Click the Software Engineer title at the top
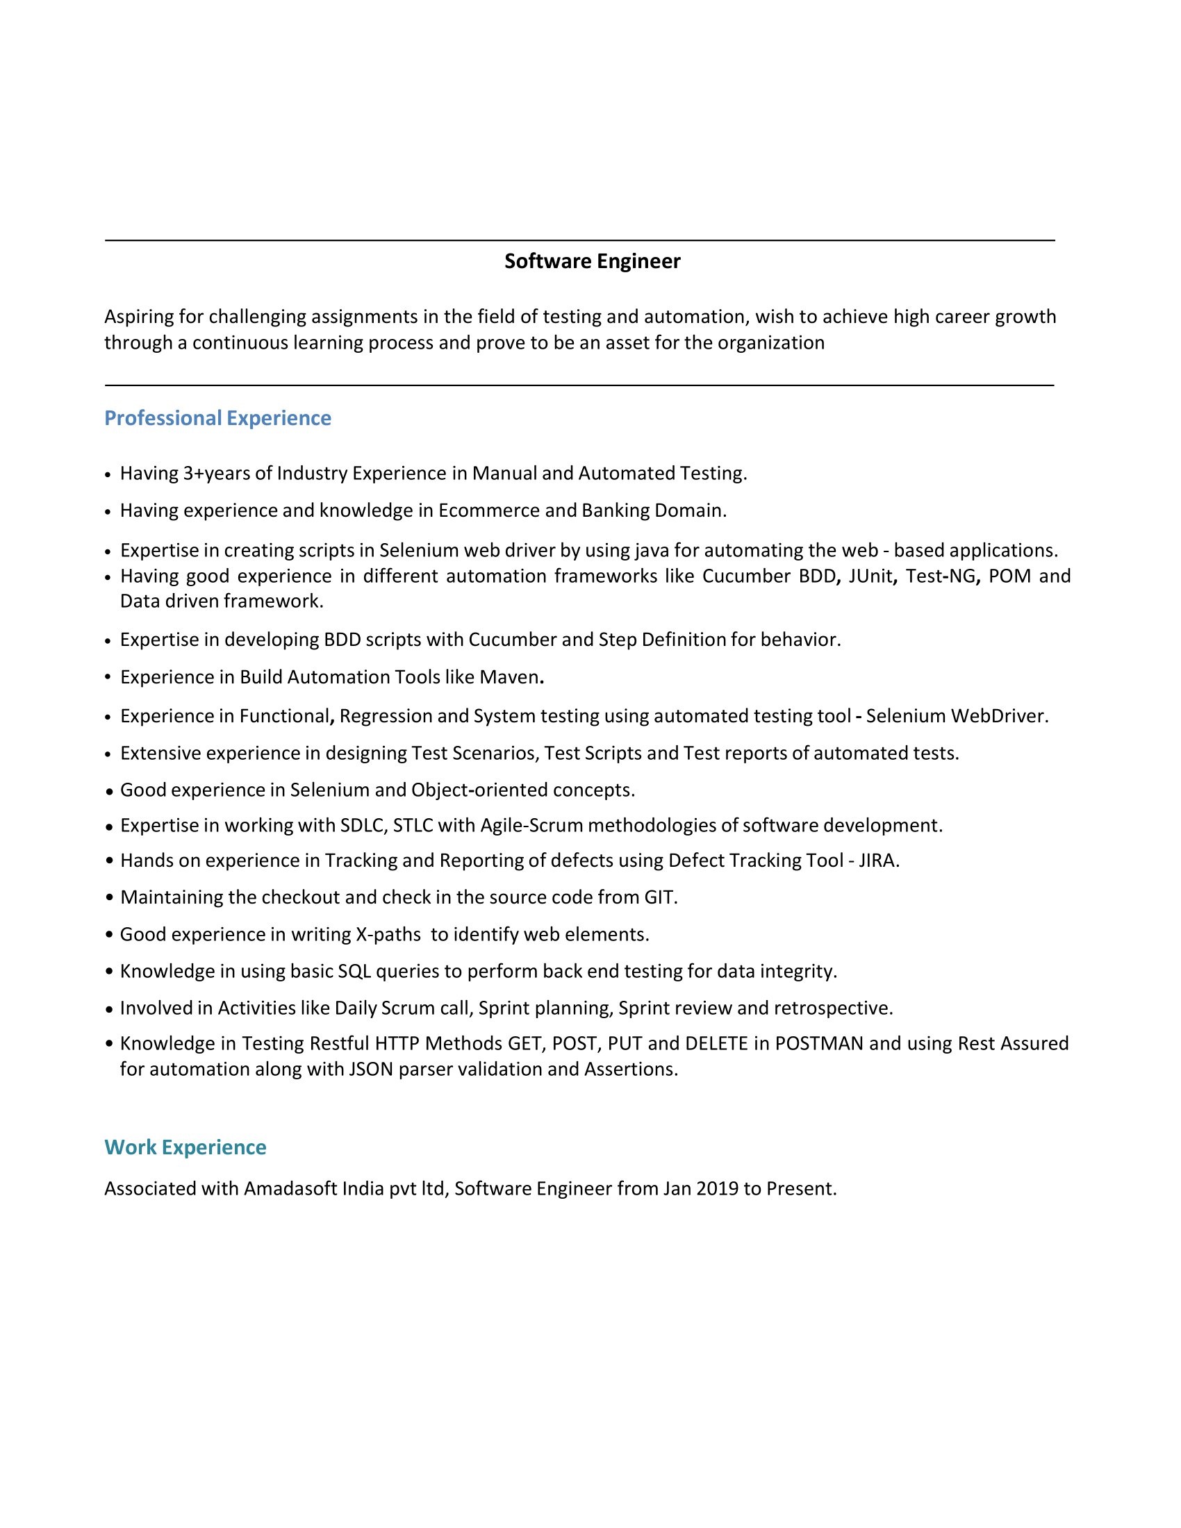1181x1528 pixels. click(x=592, y=261)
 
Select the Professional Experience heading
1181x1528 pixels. click(x=217, y=417)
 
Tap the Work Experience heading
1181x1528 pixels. click(x=185, y=1147)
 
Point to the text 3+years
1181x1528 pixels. click(x=216, y=474)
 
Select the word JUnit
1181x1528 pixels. click(x=871, y=576)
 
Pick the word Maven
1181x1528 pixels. click(x=509, y=677)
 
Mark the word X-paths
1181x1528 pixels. click(x=388, y=935)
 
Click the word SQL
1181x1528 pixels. click(x=355, y=972)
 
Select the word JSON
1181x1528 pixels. click(x=371, y=1069)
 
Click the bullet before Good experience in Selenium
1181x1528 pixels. click(x=109, y=791)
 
